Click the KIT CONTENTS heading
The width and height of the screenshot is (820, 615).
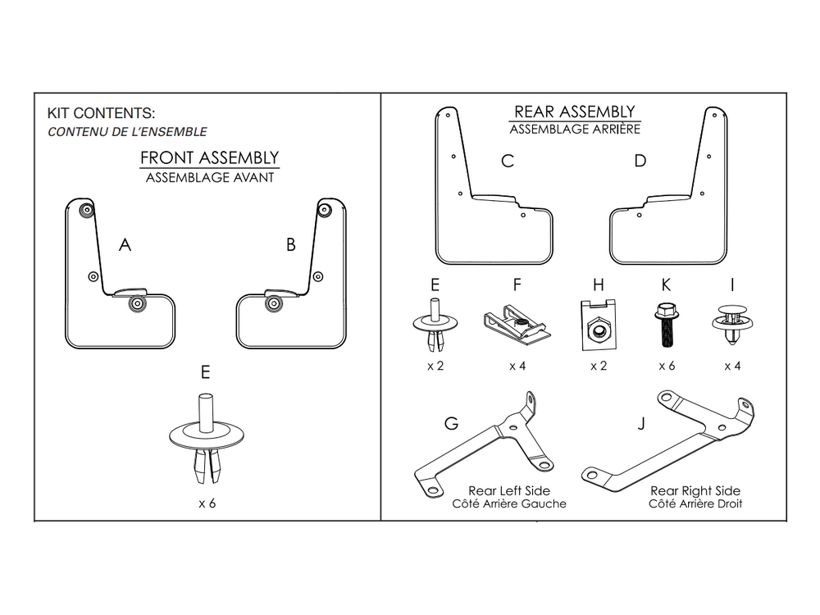101,113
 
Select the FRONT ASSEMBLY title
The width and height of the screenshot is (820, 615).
210,158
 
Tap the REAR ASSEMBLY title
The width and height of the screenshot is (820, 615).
575,112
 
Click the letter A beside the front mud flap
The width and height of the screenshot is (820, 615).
125,244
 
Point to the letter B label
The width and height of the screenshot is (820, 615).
291,244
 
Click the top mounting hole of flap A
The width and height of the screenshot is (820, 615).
86,210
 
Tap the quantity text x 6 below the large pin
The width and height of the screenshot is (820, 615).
207,503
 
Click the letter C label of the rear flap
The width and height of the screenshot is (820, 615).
508,161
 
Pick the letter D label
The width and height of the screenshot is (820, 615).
640,161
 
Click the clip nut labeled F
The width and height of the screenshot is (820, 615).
517,322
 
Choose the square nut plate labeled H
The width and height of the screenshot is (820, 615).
599,326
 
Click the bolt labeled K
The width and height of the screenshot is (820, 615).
666,325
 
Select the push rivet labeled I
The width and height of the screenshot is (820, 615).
732,323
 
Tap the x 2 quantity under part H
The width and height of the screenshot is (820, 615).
599,366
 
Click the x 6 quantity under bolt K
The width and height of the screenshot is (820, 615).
667,366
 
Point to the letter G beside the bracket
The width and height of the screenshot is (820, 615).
451,424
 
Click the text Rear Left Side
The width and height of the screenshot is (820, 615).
509,491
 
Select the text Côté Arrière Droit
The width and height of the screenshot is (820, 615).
695,503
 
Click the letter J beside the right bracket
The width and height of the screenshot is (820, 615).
642,424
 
